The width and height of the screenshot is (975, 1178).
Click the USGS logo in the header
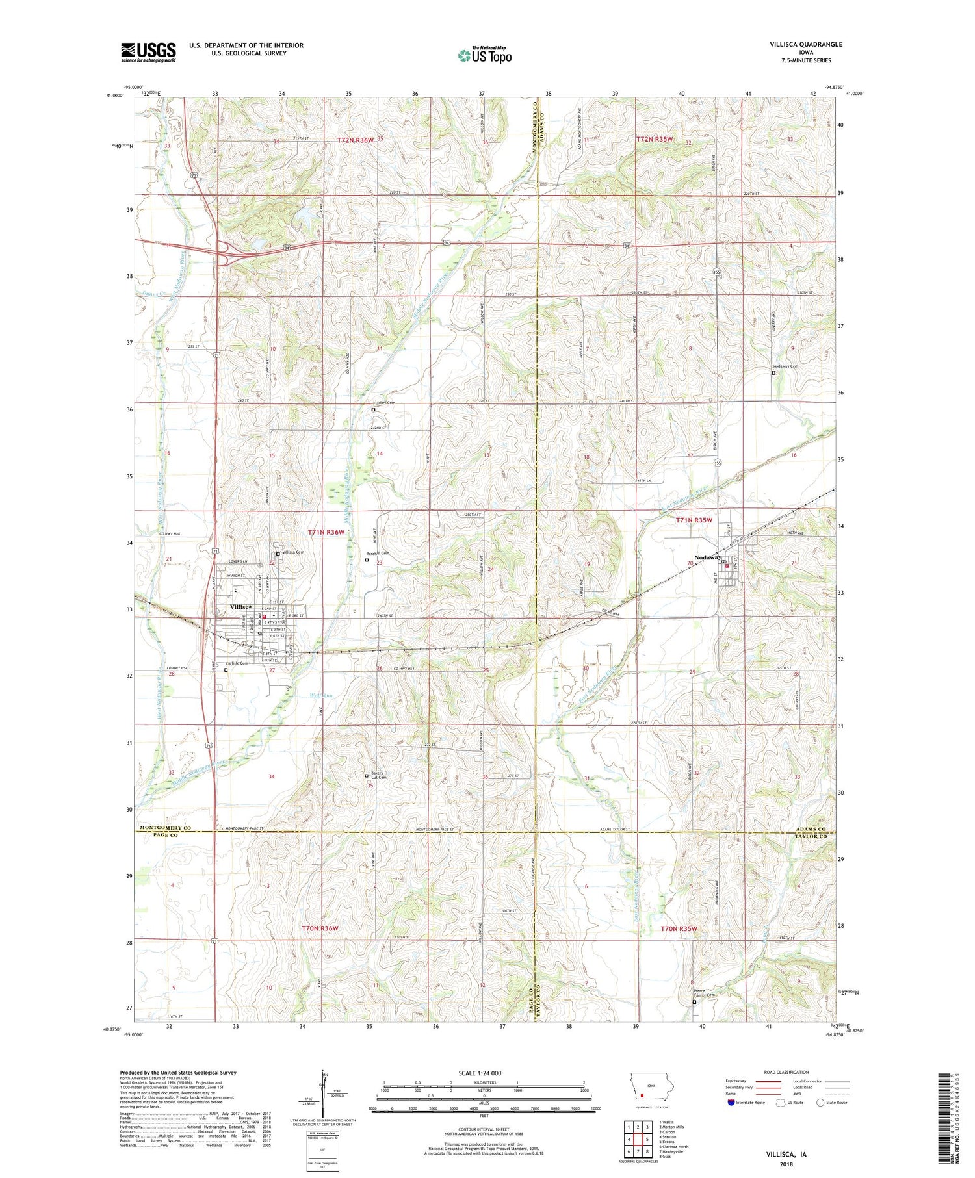point(148,52)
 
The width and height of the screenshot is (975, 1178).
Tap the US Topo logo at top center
point(484,56)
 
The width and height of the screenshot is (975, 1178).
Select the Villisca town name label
point(241,606)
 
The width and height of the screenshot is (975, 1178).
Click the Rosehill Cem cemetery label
point(378,553)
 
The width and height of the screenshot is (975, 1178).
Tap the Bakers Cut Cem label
point(379,775)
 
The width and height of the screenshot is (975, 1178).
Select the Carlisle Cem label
point(238,663)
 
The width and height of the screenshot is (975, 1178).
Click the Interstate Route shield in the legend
point(731,1103)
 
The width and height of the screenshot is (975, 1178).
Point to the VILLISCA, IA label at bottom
point(785,1154)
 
